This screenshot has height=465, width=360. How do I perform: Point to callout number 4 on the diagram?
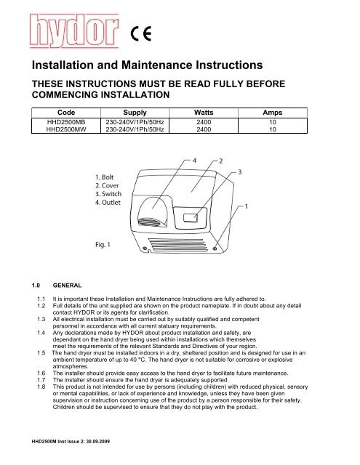[x=194, y=160]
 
